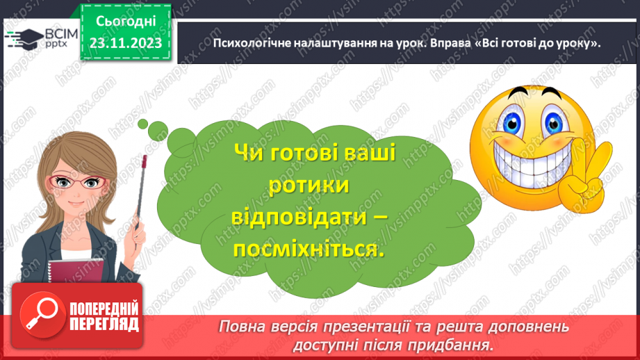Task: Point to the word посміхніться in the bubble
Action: pos(309,250)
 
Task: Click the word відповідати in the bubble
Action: pos(298,218)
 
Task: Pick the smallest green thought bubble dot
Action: pos(142,124)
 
